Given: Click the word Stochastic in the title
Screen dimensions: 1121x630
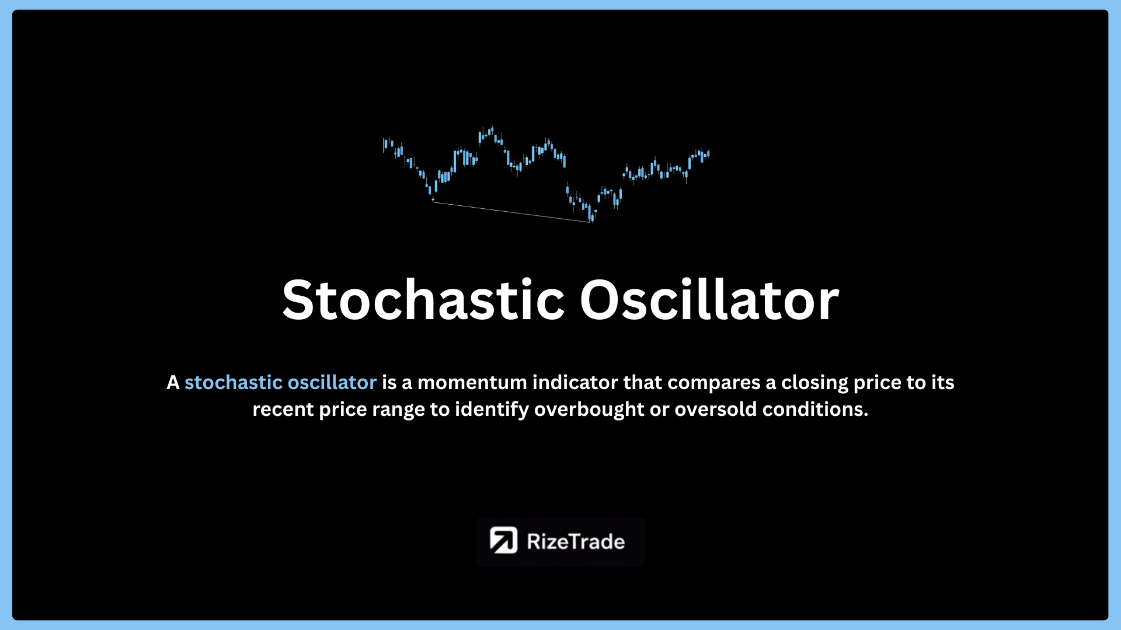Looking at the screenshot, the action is click(423, 300).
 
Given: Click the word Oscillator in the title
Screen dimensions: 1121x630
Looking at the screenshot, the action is click(709, 300).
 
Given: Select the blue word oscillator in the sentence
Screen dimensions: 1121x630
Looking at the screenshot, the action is click(332, 383).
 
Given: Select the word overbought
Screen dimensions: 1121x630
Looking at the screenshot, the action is click(589, 409).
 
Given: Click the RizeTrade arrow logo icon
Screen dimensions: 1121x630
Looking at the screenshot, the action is click(503, 540).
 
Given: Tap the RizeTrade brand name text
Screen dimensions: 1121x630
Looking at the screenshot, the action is click(576, 542).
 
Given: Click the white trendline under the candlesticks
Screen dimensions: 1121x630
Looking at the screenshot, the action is click(511, 212).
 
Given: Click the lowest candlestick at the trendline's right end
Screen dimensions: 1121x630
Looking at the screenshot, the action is click(592, 216).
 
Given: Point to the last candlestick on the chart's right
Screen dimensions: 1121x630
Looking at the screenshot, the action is click(708, 153).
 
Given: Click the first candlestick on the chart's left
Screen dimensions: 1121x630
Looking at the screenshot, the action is click(384, 145).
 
